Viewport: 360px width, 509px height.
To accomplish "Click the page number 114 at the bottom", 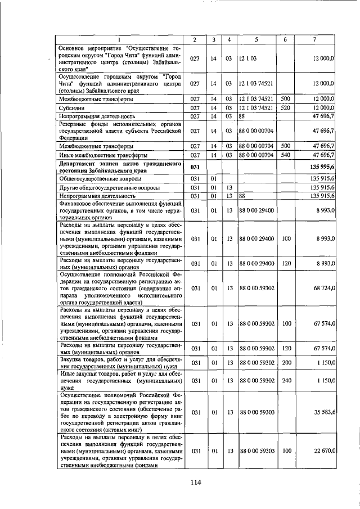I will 195,481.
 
